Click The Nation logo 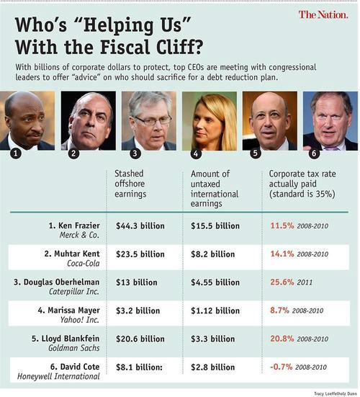[323, 14]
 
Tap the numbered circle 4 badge [196, 153]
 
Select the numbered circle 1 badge [16, 153]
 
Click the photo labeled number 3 [149, 121]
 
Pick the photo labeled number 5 [270, 121]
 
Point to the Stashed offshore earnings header [130, 184]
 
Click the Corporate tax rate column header [302, 184]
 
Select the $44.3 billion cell [140, 226]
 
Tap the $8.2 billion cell [213, 254]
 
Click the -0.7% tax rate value [281, 367]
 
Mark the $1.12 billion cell [215, 311]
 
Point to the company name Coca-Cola [84, 264]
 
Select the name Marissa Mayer [73, 310]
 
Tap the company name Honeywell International [58, 377]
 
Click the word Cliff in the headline [179, 47]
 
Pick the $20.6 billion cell [140, 339]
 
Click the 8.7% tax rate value [279, 310]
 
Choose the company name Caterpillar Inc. [74, 292]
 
